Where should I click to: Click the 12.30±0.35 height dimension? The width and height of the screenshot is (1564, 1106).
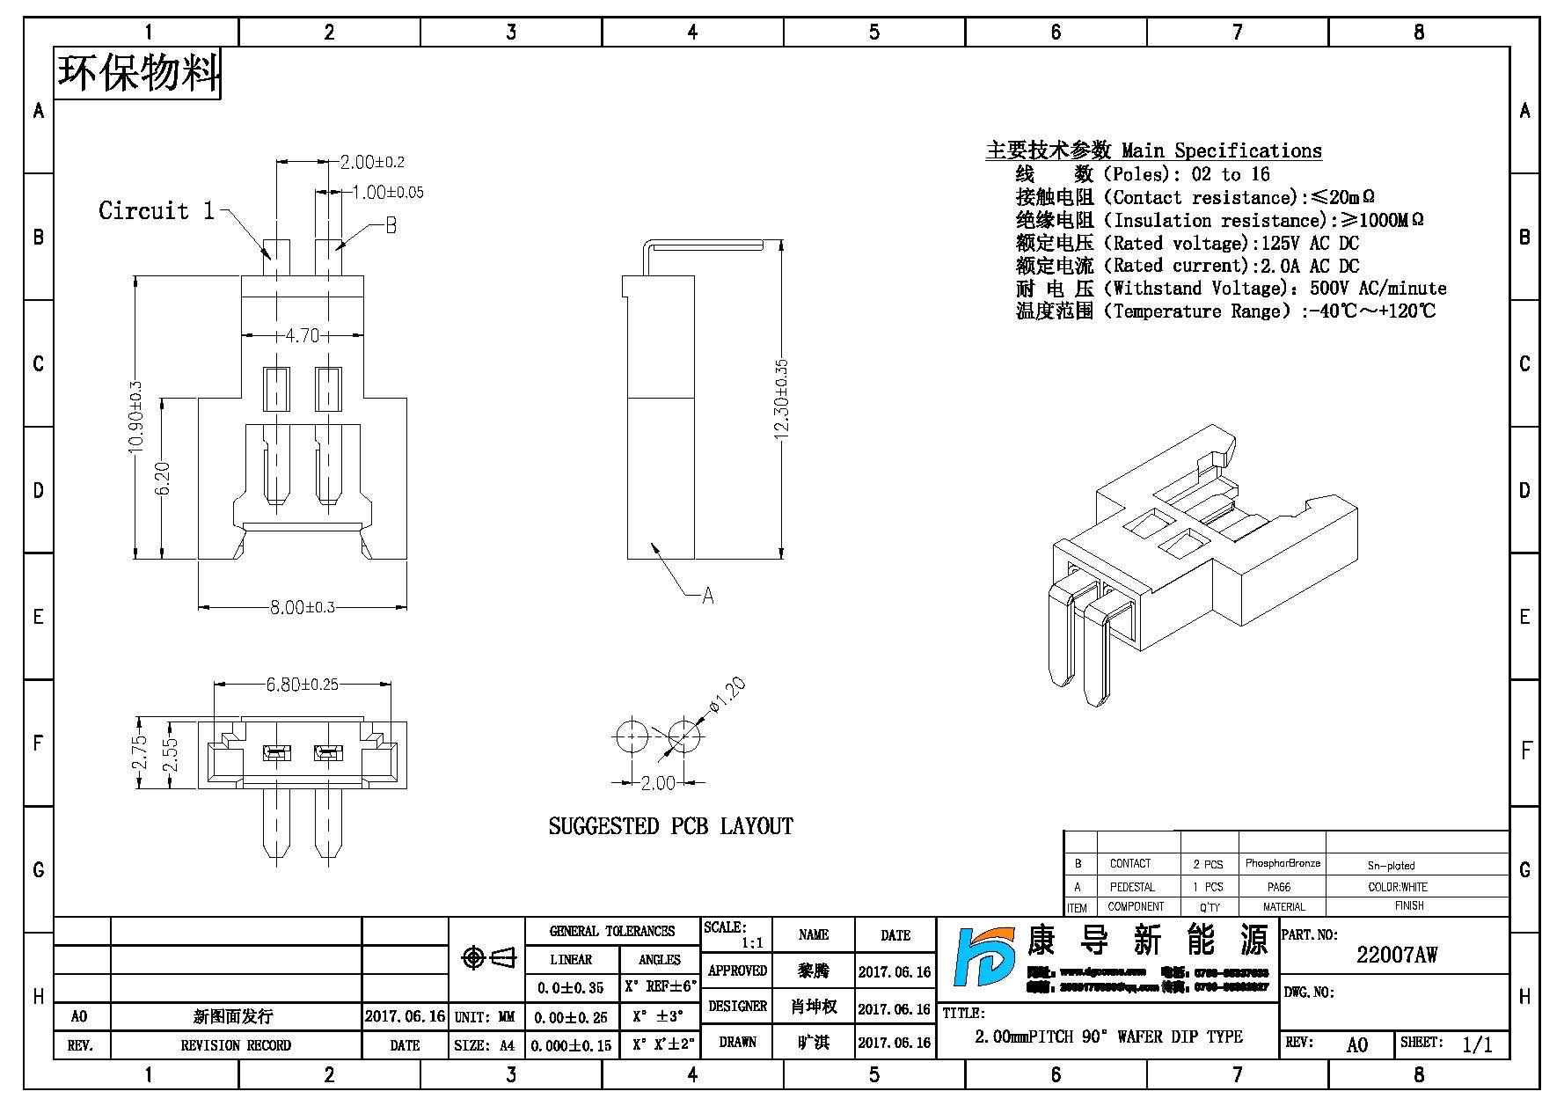(x=782, y=399)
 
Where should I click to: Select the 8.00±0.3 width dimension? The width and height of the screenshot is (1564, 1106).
(x=302, y=607)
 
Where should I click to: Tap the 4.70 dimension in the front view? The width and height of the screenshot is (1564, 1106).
(x=303, y=335)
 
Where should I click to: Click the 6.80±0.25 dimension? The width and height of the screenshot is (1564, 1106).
(x=302, y=684)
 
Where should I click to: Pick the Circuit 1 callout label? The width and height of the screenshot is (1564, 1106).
(x=157, y=211)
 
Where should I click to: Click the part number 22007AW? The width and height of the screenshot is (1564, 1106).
(x=1396, y=955)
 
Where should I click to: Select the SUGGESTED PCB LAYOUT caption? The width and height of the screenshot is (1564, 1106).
(x=670, y=826)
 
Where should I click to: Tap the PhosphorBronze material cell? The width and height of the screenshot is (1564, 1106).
(x=1283, y=863)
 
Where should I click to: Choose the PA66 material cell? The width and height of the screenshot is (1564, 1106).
(x=1279, y=887)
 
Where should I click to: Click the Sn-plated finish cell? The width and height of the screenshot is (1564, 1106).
(x=1391, y=865)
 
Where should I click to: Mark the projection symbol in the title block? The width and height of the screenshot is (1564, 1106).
(x=489, y=957)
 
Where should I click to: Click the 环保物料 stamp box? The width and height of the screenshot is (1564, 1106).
(x=138, y=73)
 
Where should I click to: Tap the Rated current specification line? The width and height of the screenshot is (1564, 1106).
(x=1188, y=266)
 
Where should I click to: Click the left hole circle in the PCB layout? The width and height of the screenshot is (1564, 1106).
(x=631, y=736)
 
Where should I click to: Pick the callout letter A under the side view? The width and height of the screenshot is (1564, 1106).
(x=708, y=596)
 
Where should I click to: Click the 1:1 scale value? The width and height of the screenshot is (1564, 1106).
(x=752, y=943)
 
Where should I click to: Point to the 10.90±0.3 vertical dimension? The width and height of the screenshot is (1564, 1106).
(x=135, y=417)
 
